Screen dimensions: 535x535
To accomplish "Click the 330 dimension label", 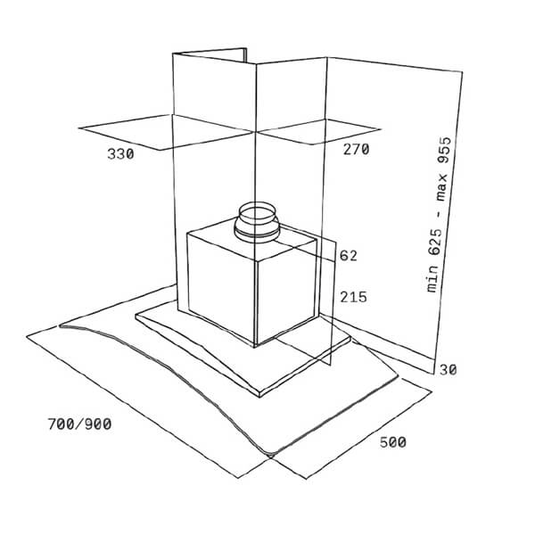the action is [120, 154].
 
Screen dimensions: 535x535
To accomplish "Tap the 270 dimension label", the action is [356, 150].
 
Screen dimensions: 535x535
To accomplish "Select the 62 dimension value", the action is [349, 256].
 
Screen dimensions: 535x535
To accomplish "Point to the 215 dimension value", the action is [353, 297].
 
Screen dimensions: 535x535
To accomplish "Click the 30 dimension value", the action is [448, 369].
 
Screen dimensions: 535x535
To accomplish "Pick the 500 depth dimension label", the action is [393, 442].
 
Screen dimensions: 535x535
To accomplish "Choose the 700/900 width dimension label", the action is [80, 424].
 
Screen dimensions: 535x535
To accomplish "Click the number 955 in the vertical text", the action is [445, 151].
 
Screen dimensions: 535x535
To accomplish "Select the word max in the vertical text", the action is [442, 187].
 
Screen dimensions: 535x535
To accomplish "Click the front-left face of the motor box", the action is [221, 286].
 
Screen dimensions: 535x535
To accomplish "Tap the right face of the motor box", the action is [286, 292].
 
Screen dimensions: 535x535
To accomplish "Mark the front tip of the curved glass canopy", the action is [271, 455].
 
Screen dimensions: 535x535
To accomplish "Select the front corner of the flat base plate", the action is [259, 395].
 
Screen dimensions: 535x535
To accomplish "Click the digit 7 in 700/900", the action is [52, 424].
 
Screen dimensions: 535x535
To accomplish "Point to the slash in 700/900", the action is [80, 424].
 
